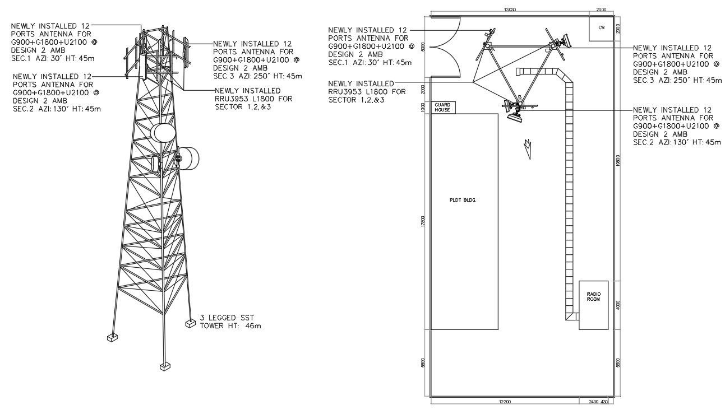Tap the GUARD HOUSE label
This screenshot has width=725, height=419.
click(x=442, y=107)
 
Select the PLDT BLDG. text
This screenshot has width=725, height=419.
click(x=463, y=199)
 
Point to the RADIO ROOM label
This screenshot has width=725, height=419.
click(x=593, y=296)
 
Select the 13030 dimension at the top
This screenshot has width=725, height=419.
click(x=509, y=10)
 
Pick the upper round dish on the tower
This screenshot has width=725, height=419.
click(x=163, y=132)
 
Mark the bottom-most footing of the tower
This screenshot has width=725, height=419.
click(x=165, y=366)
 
